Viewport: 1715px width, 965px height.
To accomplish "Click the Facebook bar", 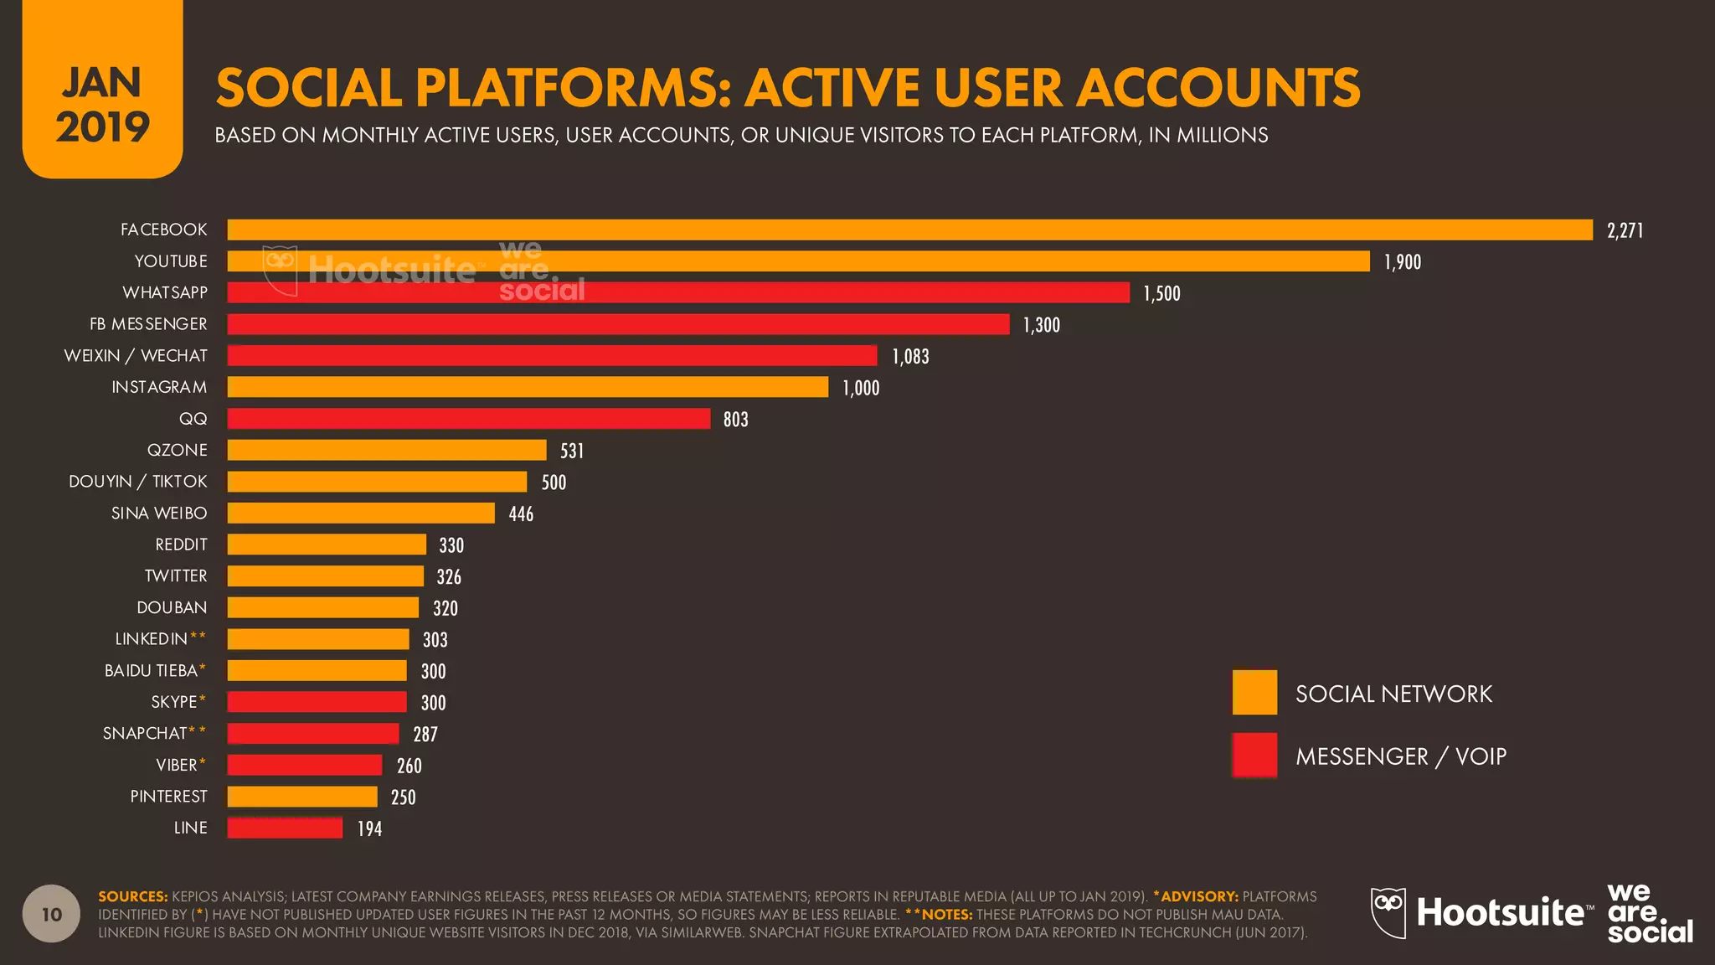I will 909,230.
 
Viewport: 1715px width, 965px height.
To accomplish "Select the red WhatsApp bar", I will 678,292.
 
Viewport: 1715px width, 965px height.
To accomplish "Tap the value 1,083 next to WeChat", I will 910,357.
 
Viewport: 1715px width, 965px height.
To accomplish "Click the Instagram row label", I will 159,387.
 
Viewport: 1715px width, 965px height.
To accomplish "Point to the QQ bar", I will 469,419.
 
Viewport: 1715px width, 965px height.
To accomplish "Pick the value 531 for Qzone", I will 572,452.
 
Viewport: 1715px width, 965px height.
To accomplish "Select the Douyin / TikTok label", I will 138,482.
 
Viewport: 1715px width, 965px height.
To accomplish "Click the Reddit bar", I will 327,544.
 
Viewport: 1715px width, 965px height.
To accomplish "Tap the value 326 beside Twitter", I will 449,577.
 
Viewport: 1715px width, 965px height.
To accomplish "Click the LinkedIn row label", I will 152,639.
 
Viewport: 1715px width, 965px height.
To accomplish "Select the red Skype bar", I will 317,702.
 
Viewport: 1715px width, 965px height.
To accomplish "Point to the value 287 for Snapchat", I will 425,735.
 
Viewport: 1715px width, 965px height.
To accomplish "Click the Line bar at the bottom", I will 285,828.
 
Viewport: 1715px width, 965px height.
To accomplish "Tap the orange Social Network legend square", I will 1254,692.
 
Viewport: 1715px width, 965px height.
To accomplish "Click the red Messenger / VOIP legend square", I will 1254,755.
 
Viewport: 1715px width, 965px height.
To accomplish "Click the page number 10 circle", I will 52,914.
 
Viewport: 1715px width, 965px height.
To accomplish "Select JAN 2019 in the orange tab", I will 102,105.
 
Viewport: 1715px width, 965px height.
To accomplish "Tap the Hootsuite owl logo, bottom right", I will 1388,912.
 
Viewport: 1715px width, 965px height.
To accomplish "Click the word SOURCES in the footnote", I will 132,896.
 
